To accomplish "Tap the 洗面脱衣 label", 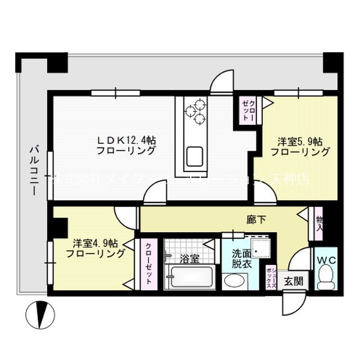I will (235, 258).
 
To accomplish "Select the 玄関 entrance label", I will (291, 281).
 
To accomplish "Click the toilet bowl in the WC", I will (325, 277).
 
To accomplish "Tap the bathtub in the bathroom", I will (190, 278).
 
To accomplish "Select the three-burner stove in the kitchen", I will (197, 110).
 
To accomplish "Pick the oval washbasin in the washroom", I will (232, 281).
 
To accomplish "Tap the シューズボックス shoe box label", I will (271, 277).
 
